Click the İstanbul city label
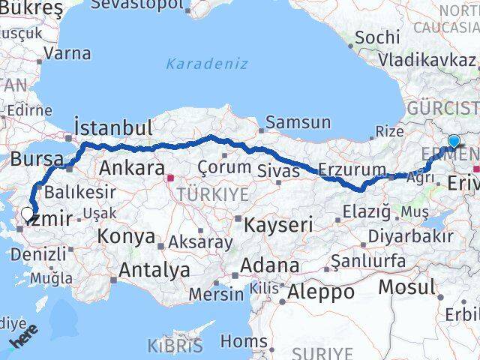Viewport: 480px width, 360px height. click(x=114, y=127)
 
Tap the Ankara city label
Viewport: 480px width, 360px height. click(x=132, y=166)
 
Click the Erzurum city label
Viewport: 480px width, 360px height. click(x=352, y=169)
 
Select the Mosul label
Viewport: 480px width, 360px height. click(x=406, y=286)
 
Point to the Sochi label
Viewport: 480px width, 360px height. click(x=372, y=37)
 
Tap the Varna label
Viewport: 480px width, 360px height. click(x=67, y=53)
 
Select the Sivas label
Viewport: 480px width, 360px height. click(x=279, y=171)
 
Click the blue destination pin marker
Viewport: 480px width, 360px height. click(x=454, y=141)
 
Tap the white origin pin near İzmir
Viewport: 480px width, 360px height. click(x=27, y=214)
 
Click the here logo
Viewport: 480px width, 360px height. click(x=24, y=340)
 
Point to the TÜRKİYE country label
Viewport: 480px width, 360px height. click(x=201, y=194)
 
